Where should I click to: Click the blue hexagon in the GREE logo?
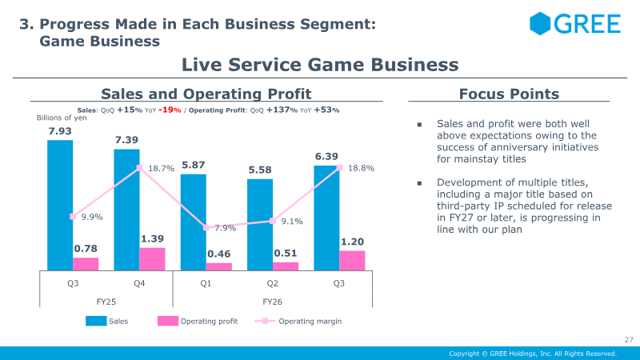pos(539,23)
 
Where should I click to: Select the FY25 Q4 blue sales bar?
pos(126,210)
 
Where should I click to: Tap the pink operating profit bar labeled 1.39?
pos(152,259)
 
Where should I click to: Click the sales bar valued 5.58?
pos(259,225)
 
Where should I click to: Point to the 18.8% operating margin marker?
pos(339,168)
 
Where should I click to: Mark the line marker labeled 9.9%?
pos(73,217)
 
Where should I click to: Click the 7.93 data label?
pos(60,131)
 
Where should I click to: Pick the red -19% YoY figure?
pos(170,110)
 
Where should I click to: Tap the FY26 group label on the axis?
pos(272,302)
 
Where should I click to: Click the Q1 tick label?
pos(206,283)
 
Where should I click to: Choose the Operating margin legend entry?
pos(298,322)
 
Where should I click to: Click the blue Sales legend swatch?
pos(96,322)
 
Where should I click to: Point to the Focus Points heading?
pos(509,94)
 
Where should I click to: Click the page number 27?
pos(629,339)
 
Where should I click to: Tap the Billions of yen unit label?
pos(62,118)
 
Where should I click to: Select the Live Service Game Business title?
pos(320,65)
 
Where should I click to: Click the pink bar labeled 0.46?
pos(218,267)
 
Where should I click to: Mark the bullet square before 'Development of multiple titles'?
pos(419,183)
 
